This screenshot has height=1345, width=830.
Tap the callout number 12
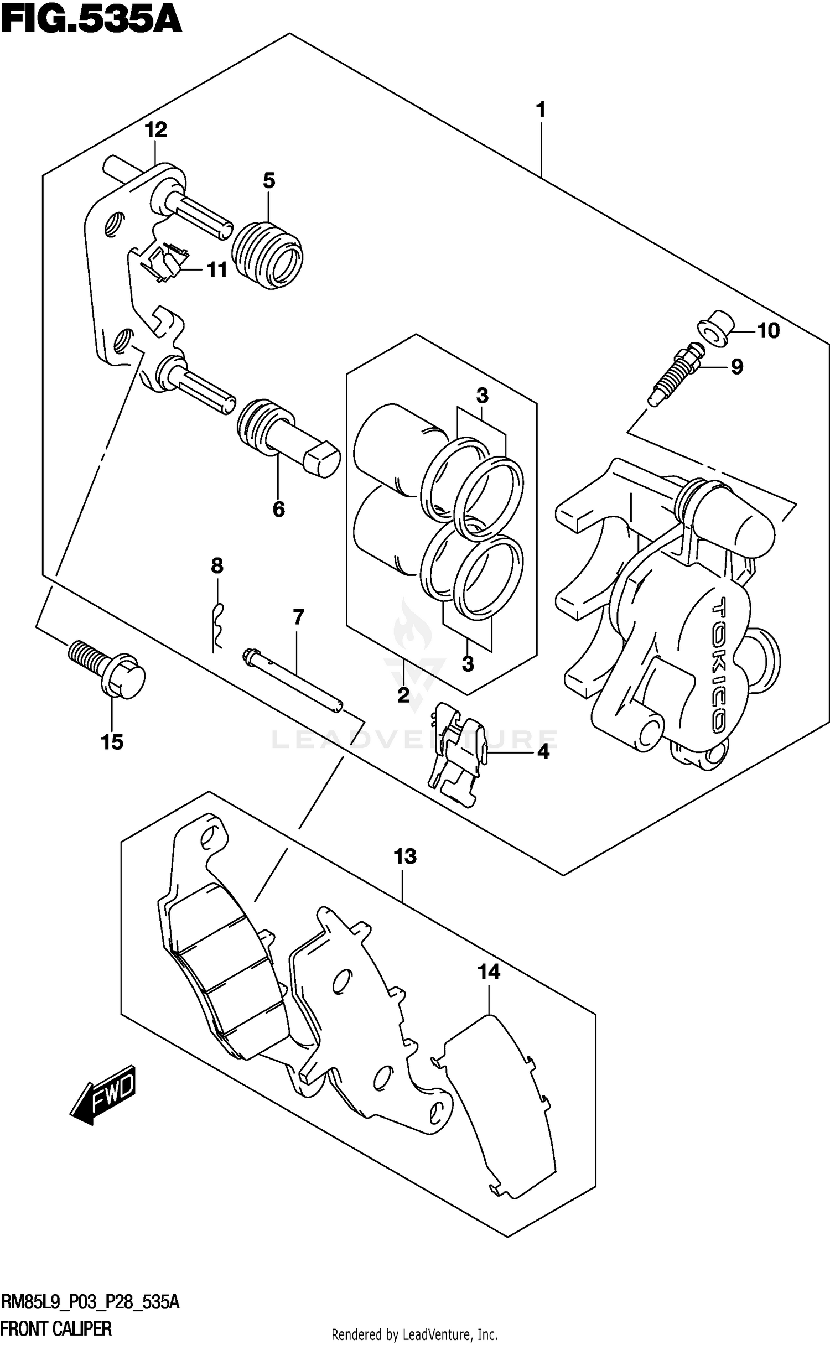coord(156,130)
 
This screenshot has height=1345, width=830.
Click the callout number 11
coord(217,270)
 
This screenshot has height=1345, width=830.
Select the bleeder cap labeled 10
coord(715,330)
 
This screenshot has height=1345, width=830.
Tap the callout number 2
coord(403,695)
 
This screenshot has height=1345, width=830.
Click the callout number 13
coord(405,856)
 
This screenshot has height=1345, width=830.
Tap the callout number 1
coord(541,110)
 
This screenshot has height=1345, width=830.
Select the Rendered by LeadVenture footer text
coord(414,1335)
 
